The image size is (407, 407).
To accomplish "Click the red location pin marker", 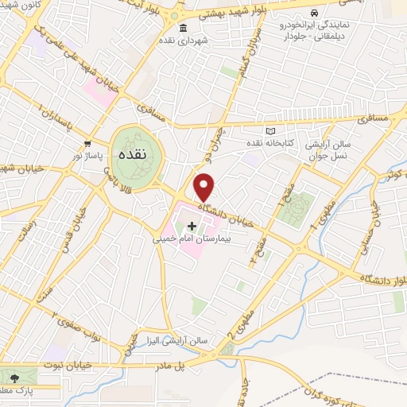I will (x=205, y=187).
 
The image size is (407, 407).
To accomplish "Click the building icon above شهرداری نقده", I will (x=184, y=27).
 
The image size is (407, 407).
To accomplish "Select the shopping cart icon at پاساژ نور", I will (x=87, y=144).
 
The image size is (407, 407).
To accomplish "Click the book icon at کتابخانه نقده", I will (x=269, y=130).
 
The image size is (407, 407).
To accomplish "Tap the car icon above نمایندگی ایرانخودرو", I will (x=314, y=13).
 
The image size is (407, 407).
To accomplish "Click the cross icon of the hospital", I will (x=192, y=227).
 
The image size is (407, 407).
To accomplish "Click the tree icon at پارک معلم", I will (x=12, y=374).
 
